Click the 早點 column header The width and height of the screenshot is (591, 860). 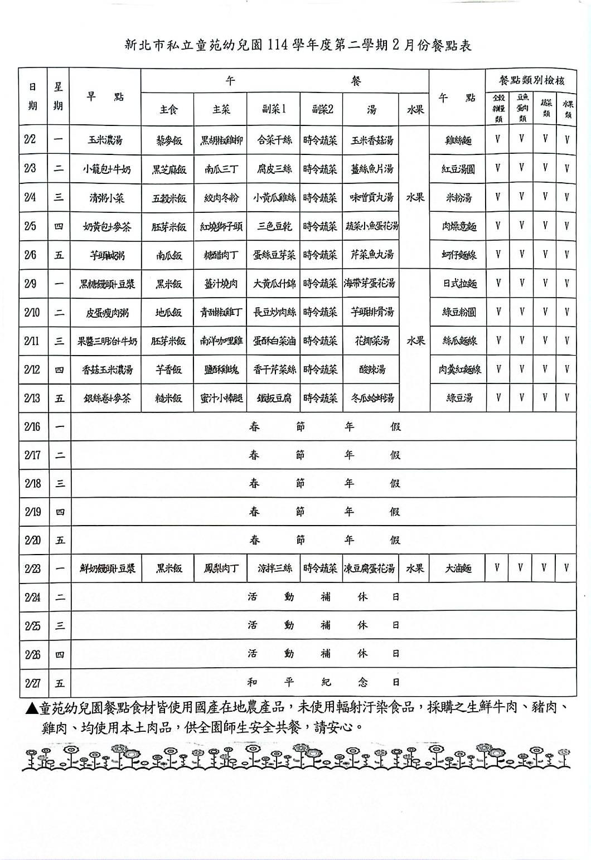[105, 97]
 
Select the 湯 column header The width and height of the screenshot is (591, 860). [371, 110]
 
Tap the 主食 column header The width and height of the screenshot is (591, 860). [168, 110]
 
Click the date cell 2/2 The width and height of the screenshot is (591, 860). [31, 140]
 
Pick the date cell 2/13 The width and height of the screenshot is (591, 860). [32, 398]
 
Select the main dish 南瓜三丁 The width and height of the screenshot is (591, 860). [221, 169]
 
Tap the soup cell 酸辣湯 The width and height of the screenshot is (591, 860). [371, 370]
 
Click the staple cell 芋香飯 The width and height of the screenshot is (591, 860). [168, 370]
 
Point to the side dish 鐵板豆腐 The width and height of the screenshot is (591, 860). [274, 399]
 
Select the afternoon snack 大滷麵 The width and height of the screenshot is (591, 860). [458, 569]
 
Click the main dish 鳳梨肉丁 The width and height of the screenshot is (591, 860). [221, 569]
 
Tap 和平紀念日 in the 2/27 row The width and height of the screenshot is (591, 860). [323, 682]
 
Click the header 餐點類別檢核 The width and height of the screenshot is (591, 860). [531, 80]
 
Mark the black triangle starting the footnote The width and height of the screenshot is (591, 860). [32, 708]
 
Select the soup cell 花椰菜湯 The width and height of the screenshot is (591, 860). [371, 341]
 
